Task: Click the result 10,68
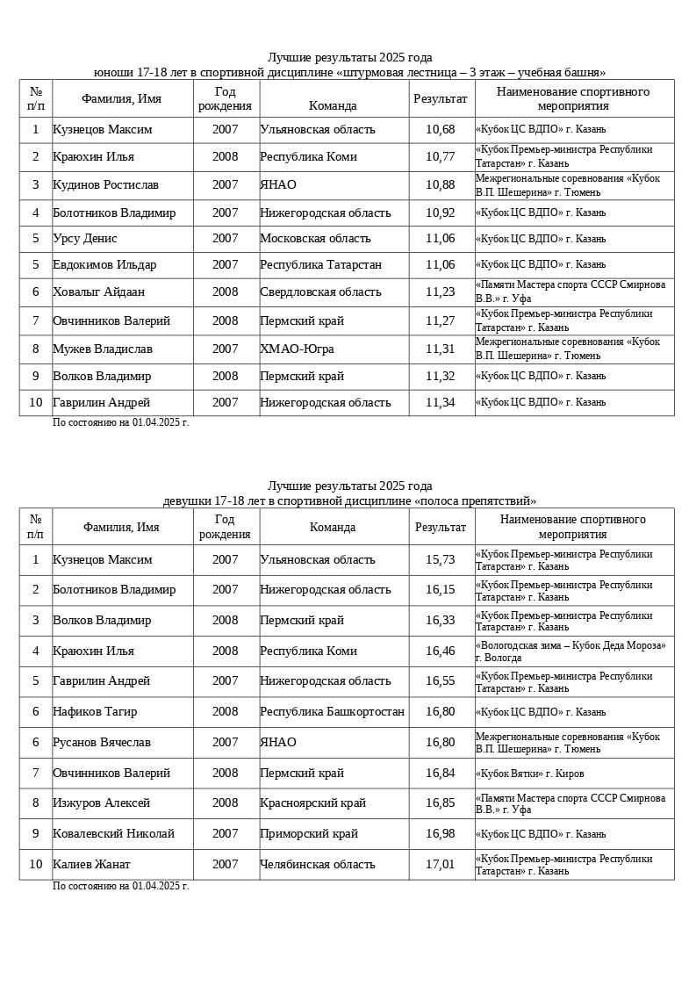441,130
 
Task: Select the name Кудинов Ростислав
106,185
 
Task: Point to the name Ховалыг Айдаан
99,292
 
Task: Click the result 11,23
441,292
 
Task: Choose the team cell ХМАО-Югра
297,349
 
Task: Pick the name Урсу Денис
85,239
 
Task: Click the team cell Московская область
315,239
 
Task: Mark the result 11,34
441,403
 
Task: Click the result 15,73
441,560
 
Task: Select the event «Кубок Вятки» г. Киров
529,774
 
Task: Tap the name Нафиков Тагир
95,712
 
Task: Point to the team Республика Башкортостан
332,712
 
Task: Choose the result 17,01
441,865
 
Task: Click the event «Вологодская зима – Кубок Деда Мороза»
570,645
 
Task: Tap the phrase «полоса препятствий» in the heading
483,501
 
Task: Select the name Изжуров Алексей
101,803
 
